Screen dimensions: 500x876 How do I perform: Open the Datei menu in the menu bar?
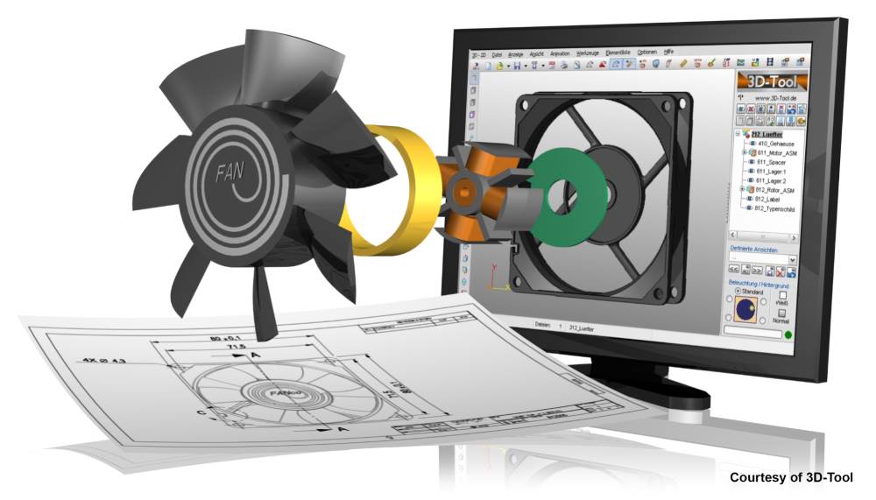point(497,53)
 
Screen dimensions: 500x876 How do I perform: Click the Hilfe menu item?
point(668,52)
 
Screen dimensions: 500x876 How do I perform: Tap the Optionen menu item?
point(646,52)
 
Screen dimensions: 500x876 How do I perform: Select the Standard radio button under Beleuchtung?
point(736,292)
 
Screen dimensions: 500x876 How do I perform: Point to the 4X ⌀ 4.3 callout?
point(103,359)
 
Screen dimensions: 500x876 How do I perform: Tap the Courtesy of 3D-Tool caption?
point(791,477)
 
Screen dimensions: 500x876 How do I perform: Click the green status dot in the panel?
point(788,335)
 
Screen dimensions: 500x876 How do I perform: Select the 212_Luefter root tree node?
point(770,133)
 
